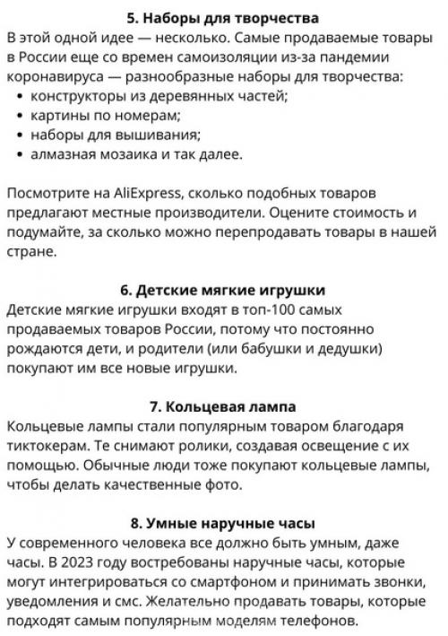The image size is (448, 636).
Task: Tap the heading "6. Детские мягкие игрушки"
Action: click(x=223, y=290)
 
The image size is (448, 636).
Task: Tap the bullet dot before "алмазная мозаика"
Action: click(x=20, y=155)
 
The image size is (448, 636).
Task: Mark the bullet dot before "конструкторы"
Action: click(x=20, y=96)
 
